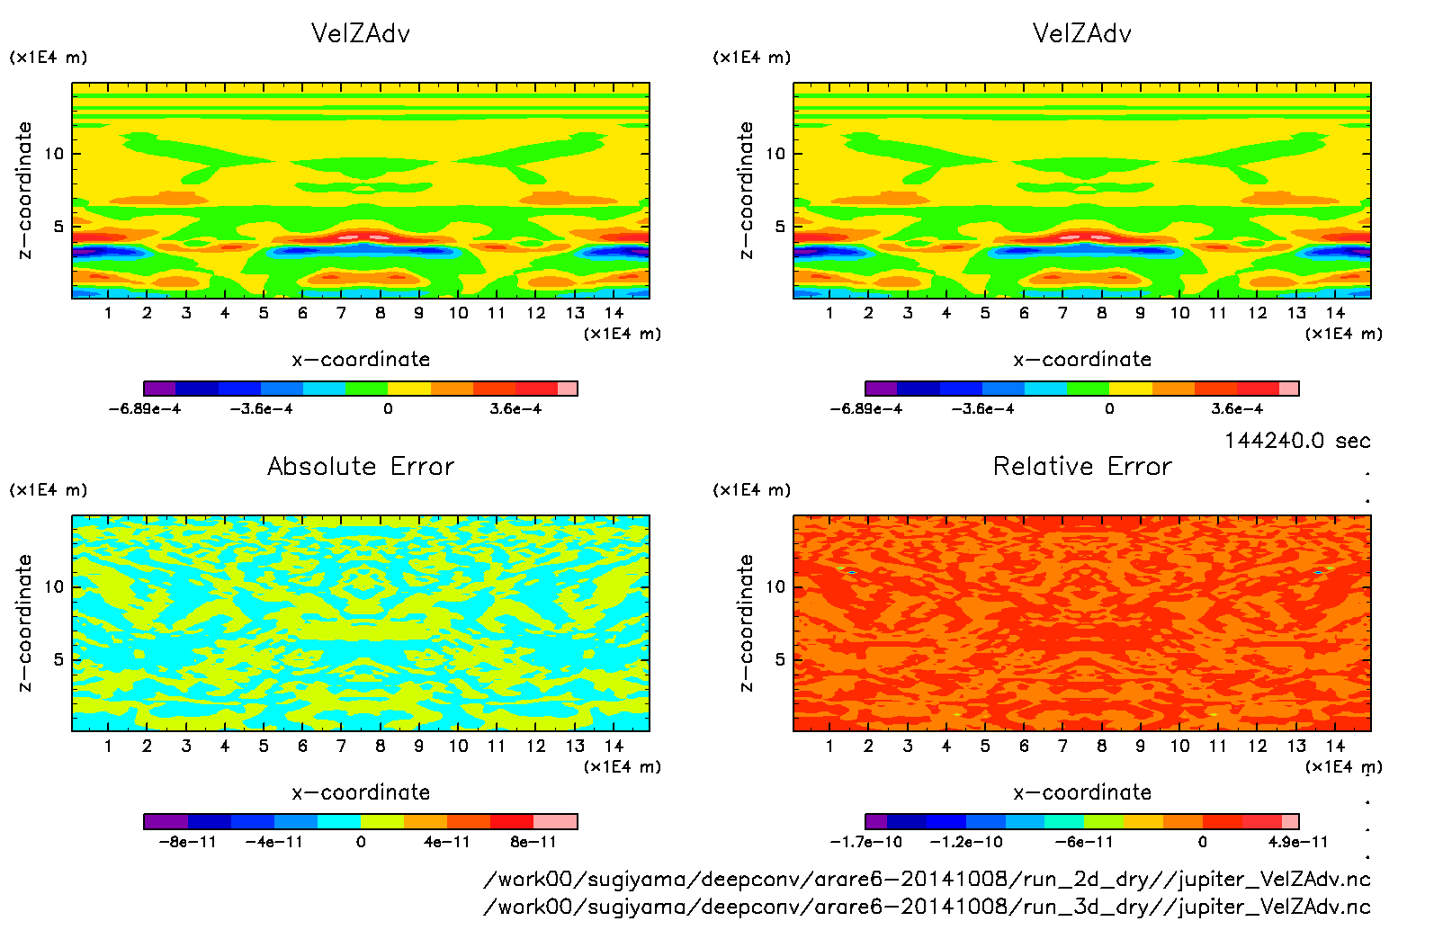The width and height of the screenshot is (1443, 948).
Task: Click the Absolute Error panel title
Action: point(361,466)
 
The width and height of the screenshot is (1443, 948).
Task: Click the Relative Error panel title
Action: point(1082,466)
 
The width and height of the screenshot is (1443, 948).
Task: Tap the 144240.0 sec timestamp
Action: point(1297,441)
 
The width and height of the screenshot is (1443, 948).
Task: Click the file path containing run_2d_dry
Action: point(927,879)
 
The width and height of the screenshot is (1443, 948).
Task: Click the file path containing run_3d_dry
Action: point(927,906)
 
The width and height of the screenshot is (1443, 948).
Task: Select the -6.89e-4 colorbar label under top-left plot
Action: point(145,409)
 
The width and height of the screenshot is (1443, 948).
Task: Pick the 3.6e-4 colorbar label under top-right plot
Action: point(1237,409)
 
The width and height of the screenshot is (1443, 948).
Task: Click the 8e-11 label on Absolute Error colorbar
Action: point(533,842)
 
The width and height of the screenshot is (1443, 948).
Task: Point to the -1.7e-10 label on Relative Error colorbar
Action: point(865,842)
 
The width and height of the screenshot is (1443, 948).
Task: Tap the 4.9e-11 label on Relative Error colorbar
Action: point(1298,842)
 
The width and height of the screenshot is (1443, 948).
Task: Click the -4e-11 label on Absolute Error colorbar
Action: point(274,842)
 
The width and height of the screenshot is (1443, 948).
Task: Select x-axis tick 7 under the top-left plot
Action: point(341,313)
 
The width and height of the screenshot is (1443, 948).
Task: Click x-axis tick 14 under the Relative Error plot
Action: point(1335,746)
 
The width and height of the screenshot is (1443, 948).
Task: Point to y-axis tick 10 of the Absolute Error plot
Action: point(55,586)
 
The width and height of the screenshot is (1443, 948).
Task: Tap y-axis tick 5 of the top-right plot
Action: point(780,227)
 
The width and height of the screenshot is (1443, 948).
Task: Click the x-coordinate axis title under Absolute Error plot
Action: point(361,792)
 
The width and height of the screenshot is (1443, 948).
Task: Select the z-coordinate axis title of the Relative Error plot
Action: point(746,622)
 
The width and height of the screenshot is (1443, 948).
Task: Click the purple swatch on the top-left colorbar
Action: point(160,389)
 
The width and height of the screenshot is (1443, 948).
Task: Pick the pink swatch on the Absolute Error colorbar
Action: point(555,821)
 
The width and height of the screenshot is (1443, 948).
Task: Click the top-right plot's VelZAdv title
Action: point(1082,33)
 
